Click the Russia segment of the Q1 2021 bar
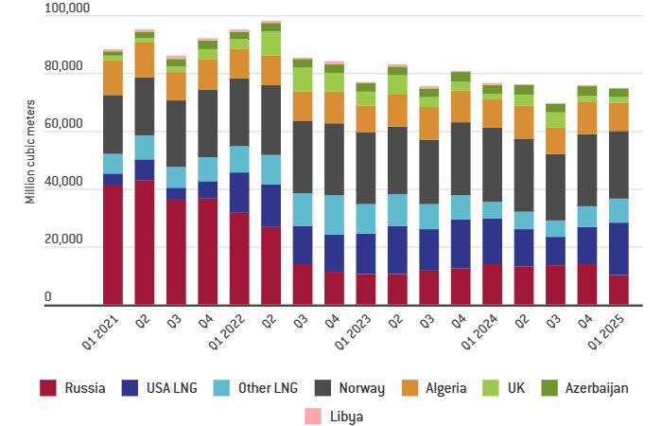(113, 244)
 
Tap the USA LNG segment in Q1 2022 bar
(240, 192)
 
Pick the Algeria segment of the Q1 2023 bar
(366, 118)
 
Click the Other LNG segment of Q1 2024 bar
(492, 210)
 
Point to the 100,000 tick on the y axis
(67, 9)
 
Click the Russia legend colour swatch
(48, 387)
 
